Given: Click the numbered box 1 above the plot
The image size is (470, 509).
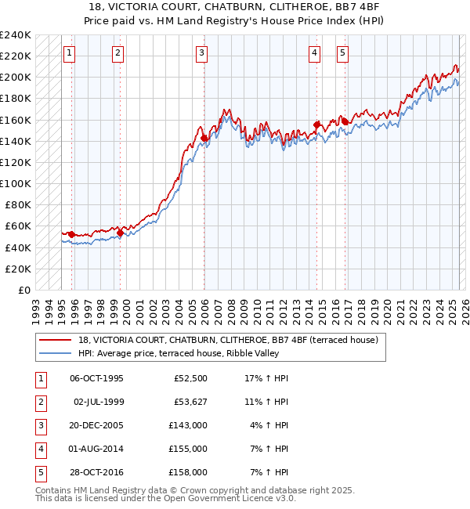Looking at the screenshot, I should (x=70, y=53).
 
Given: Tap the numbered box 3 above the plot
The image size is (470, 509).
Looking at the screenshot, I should (x=202, y=53).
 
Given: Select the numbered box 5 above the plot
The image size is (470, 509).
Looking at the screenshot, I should (x=343, y=53).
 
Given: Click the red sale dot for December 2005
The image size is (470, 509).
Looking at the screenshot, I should (x=204, y=138).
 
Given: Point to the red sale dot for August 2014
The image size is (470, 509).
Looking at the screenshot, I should (x=316, y=125).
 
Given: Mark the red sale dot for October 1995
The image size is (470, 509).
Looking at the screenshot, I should (x=71, y=234).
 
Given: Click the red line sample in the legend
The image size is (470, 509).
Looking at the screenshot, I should (x=56, y=340).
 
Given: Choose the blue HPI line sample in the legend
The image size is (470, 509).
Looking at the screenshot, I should (x=56, y=353).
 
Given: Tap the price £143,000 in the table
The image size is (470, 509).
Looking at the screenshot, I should (x=189, y=425).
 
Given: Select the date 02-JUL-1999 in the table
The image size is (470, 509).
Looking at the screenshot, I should (x=99, y=402).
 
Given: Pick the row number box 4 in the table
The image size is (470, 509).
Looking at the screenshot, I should (x=38, y=449).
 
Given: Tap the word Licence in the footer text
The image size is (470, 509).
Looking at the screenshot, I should (x=251, y=499).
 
